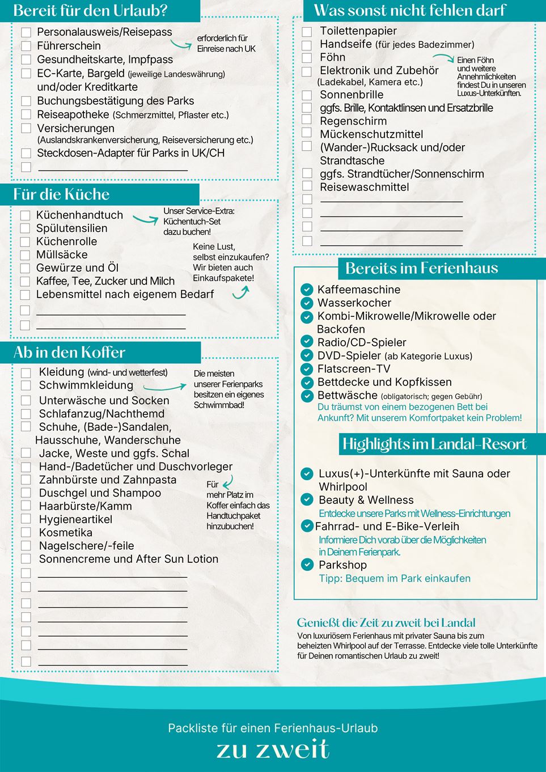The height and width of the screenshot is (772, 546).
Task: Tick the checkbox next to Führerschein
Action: tap(26, 46)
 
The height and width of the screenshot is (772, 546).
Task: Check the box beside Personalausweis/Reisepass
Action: tap(26, 32)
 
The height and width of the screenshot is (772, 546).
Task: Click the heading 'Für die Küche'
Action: tap(61, 194)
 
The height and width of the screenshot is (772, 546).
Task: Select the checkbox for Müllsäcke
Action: tap(25, 255)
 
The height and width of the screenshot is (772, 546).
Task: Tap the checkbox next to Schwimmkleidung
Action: tap(26, 385)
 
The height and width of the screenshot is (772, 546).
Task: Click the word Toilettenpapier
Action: tap(358, 31)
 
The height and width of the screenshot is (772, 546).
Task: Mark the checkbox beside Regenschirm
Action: tap(307, 120)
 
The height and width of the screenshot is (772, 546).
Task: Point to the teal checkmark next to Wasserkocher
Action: tap(307, 303)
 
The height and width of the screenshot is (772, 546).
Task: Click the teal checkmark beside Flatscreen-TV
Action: tap(307, 369)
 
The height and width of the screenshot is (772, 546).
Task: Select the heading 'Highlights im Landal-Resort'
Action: tap(434, 444)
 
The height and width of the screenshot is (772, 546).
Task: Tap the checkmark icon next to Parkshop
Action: tap(307, 565)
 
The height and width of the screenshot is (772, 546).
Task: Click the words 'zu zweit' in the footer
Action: tap(273, 749)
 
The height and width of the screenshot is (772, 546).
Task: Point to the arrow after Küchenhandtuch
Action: tap(145, 217)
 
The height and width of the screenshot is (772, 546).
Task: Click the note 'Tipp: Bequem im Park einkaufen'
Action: tap(395, 579)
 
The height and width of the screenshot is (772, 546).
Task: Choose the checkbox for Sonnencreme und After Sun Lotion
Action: tap(26, 559)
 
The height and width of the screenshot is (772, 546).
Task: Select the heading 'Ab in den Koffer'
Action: tap(69, 353)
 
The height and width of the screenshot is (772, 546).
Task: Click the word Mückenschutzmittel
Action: tap(371, 134)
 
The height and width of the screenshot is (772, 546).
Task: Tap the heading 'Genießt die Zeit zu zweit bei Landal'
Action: tap(386, 622)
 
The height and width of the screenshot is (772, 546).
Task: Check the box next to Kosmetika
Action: tap(26, 532)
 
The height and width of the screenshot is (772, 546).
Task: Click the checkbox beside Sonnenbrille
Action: tap(307, 95)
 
